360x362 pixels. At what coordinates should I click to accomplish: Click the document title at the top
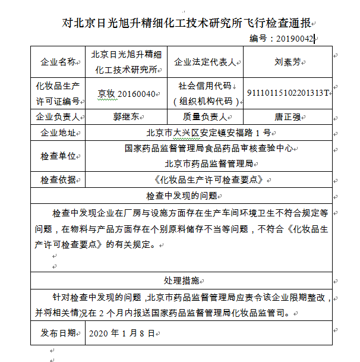187,23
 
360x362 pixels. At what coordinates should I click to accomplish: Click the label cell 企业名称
58,62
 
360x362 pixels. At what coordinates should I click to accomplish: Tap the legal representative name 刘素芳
286,62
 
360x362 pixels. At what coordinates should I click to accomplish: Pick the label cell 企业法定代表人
205,62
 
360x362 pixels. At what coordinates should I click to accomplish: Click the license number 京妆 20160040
127,94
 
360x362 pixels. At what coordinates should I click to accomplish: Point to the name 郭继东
127,117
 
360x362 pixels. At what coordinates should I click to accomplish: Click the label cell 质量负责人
204,117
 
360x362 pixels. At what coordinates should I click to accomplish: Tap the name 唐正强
286,117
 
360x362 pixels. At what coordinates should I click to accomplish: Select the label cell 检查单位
58,156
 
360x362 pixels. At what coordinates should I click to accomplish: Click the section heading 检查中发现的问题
181,195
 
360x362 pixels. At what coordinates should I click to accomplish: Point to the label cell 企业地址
58,133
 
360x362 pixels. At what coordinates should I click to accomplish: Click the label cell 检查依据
58,179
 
